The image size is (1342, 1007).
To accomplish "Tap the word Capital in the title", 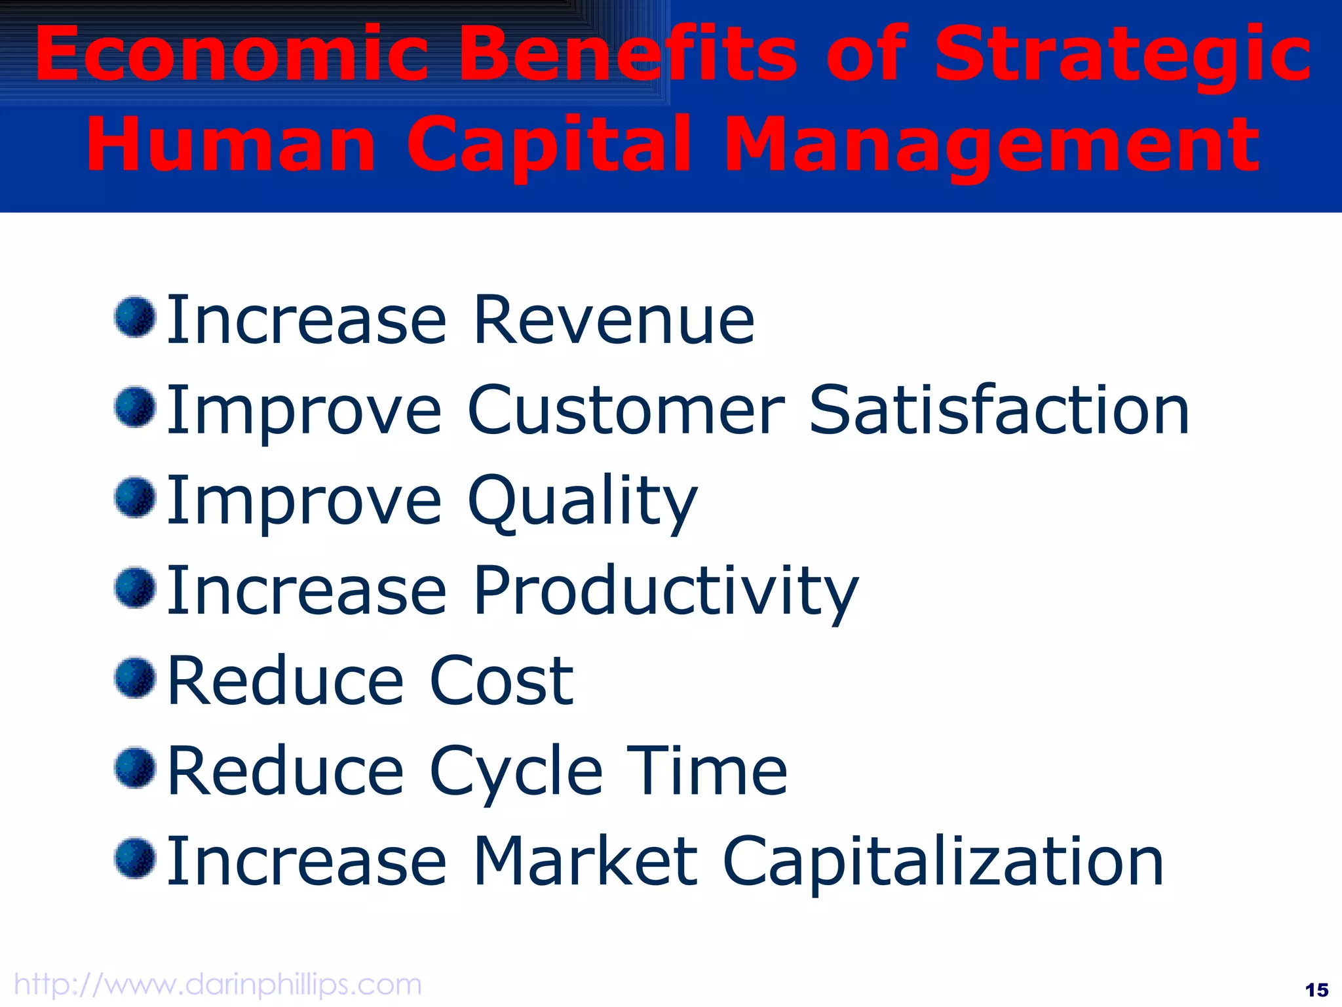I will coord(549,144).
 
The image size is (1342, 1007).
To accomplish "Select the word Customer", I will coord(626,410).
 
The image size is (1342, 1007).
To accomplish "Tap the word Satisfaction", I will coord(999,410).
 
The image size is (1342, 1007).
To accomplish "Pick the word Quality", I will coord(583,502).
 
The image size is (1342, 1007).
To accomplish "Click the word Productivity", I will coord(665,591).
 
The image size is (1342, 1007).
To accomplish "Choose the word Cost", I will coord(501,681).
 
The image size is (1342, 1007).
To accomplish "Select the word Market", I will coord(585,861).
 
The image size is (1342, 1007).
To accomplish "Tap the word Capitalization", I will coord(943,863).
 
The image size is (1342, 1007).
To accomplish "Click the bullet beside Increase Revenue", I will coord(135,317).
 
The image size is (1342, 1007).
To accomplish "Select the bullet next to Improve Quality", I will coord(135,498).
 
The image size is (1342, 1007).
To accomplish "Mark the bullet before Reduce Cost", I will coord(135,678).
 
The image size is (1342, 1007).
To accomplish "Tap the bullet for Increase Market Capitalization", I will coord(135,858).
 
